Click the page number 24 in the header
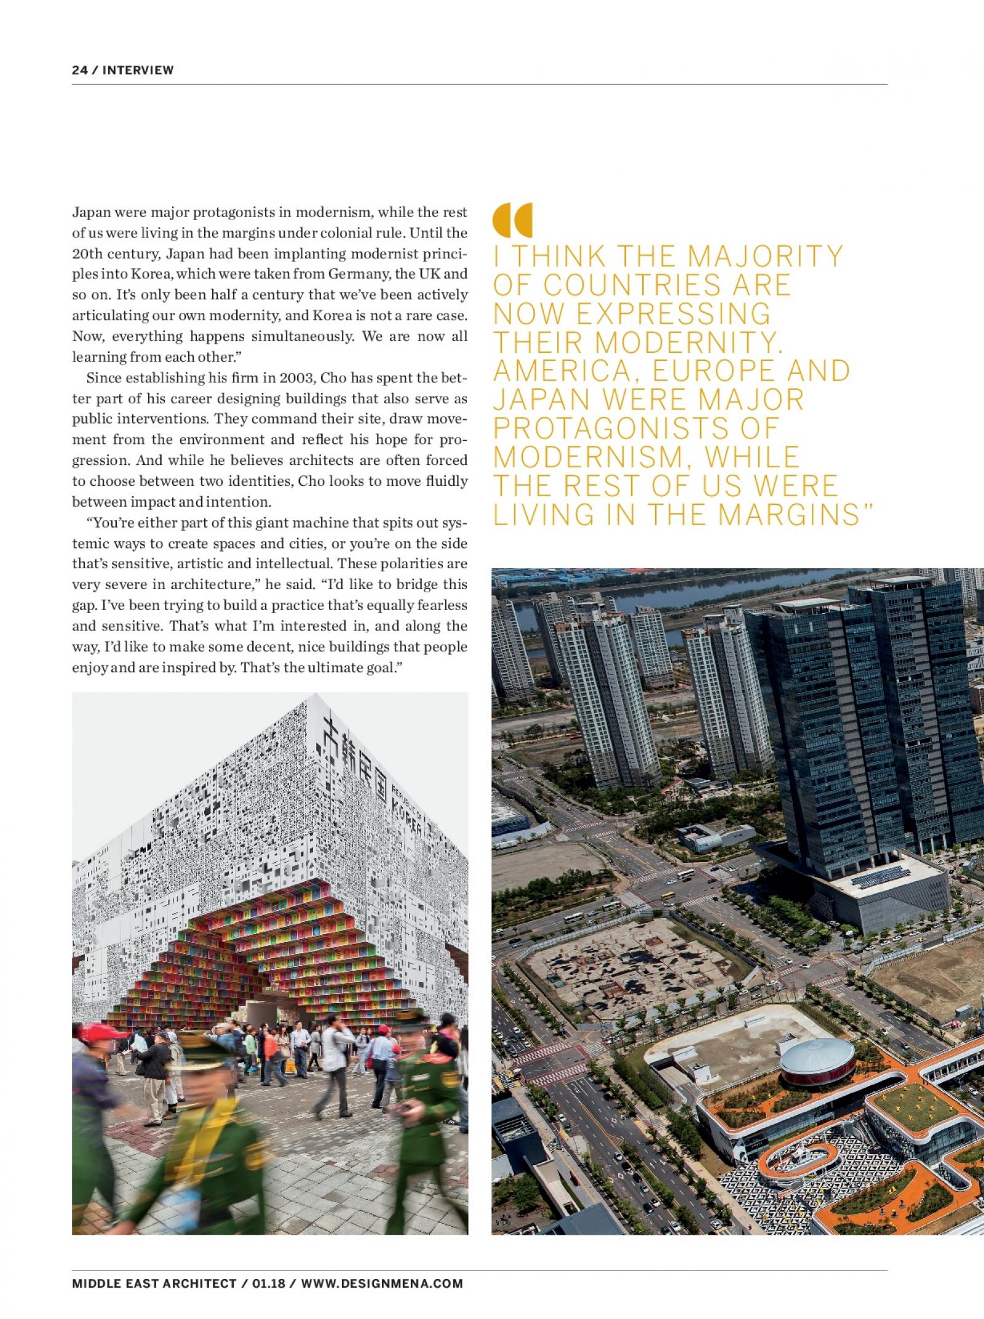[x=79, y=70]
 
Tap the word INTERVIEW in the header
[x=138, y=70]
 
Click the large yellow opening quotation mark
[x=512, y=220]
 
